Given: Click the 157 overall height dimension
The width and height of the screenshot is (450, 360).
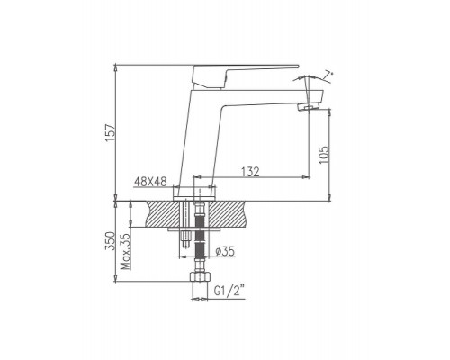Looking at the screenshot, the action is (x=111, y=132).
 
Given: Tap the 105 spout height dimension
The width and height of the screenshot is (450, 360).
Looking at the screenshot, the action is (x=324, y=155).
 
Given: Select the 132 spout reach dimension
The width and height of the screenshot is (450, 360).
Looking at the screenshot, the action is (x=250, y=172).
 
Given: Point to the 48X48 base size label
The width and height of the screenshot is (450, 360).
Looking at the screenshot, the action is (x=150, y=182).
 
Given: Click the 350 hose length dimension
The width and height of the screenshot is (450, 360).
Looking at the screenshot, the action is (x=110, y=241).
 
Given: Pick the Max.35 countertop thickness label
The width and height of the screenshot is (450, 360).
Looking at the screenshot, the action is (x=125, y=251).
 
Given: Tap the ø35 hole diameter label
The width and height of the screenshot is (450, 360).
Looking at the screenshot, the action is (x=225, y=251).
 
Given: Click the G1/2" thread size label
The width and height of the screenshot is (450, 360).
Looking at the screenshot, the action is (x=229, y=291).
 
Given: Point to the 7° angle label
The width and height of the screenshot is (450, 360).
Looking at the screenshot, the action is (x=329, y=75).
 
